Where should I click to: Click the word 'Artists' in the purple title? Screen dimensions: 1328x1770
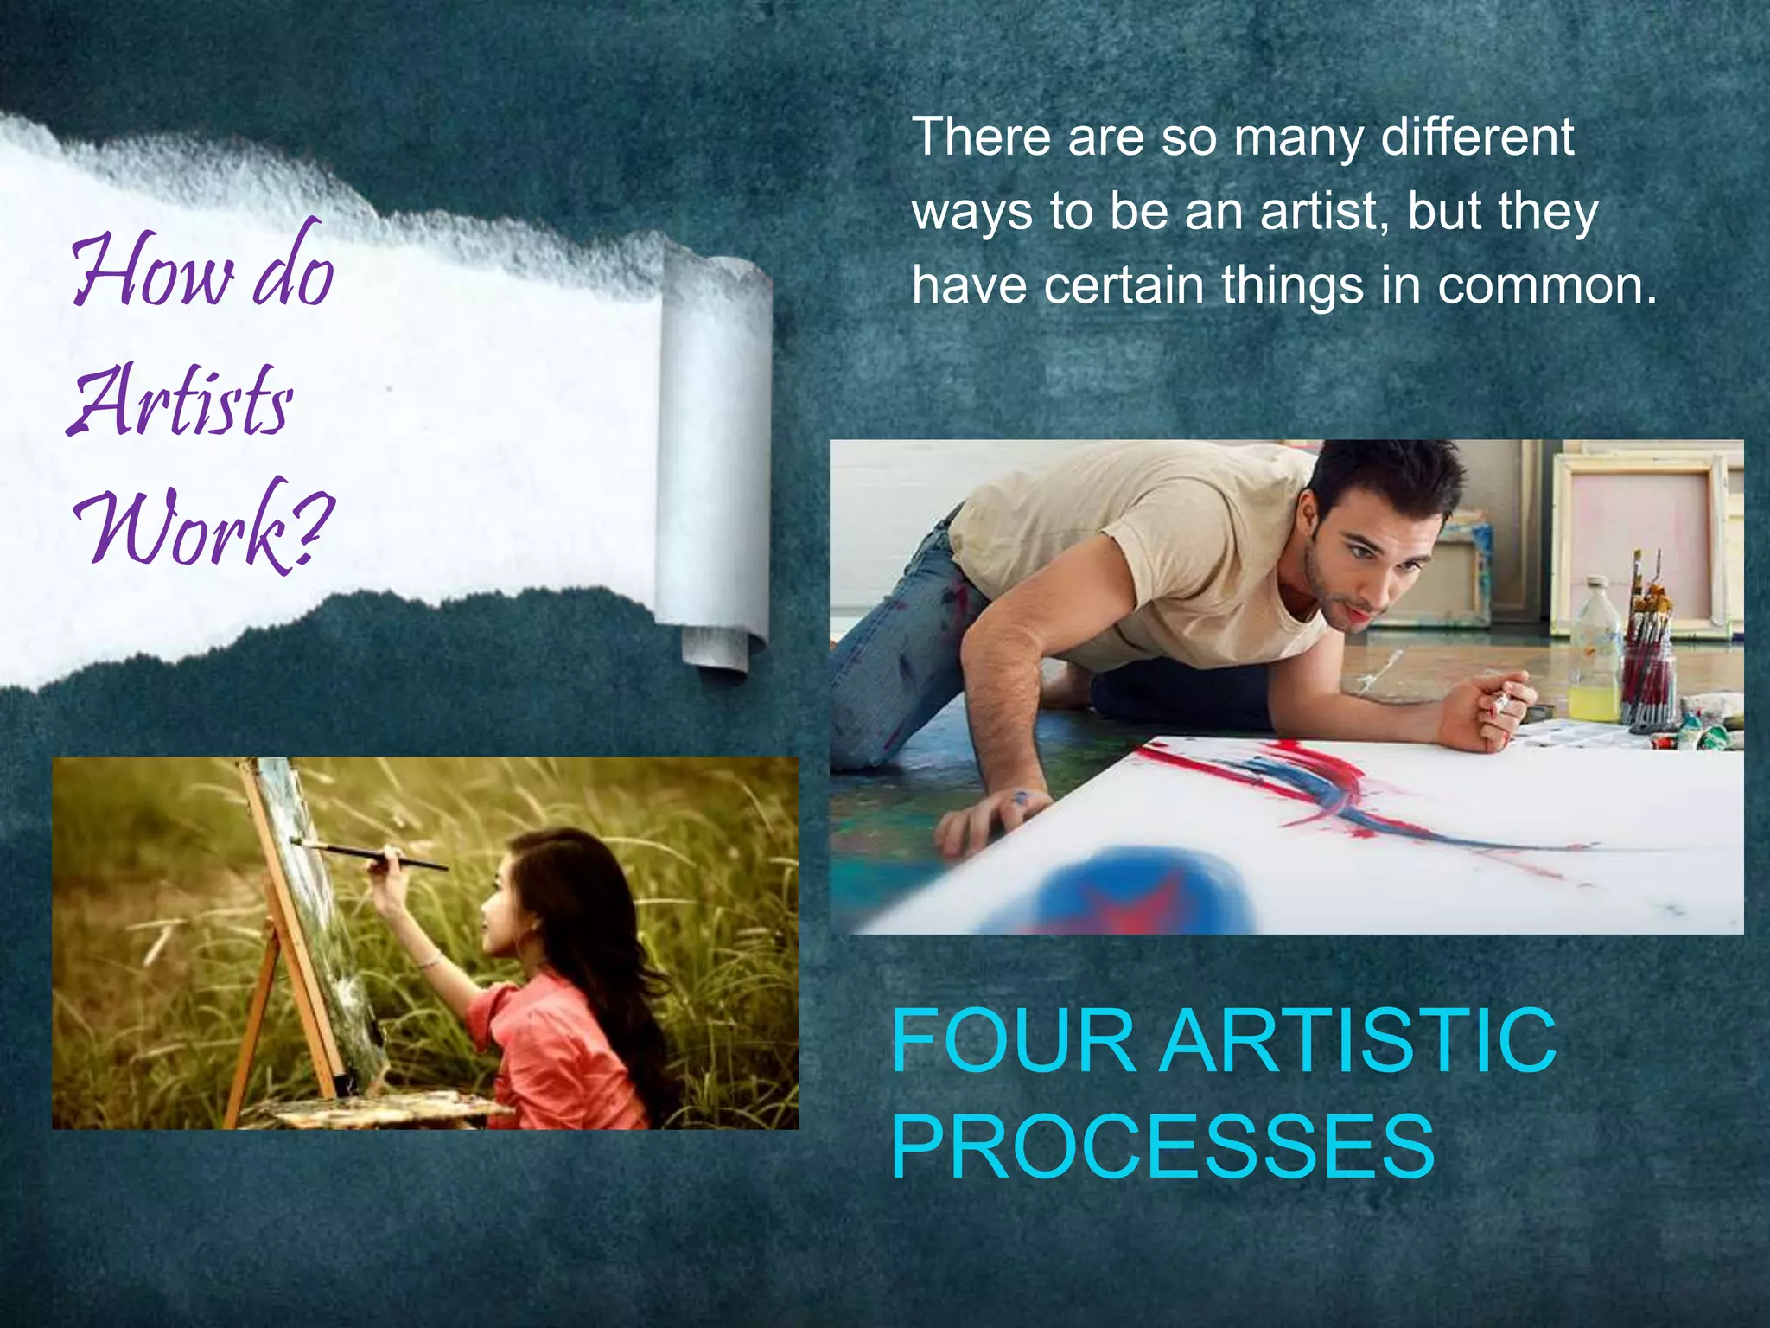[180, 402]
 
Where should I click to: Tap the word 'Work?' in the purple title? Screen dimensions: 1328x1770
[204, 527]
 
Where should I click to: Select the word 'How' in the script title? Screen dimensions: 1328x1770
[152, 272]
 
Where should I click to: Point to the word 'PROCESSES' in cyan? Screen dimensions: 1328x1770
[1162, 1146]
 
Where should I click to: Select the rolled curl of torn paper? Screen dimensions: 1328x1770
[714, 458]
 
